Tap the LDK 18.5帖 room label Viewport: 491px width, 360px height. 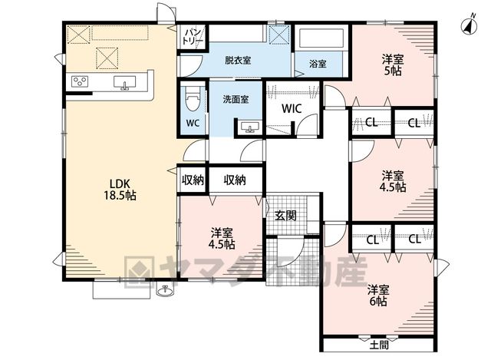pos(120,190)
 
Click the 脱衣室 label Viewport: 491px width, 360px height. pos(238,60)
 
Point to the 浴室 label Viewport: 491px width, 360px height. pos(318,64)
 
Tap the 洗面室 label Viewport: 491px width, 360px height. pos(236,99)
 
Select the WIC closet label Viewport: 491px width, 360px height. pos(292,108)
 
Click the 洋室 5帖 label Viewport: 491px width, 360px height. pos(393,64)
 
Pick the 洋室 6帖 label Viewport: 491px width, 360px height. pos(378,296)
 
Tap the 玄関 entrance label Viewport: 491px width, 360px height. pos(285,216)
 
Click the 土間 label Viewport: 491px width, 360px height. pos(379,345)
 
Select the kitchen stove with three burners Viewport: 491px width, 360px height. pos(80,81)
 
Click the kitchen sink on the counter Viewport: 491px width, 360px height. pos(124,83)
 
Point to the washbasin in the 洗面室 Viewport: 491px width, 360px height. pos(250,127)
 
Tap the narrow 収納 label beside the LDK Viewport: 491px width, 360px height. pos(193,180)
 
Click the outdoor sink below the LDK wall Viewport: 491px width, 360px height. pos(165,291)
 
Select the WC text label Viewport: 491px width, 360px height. pos(193,123)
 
